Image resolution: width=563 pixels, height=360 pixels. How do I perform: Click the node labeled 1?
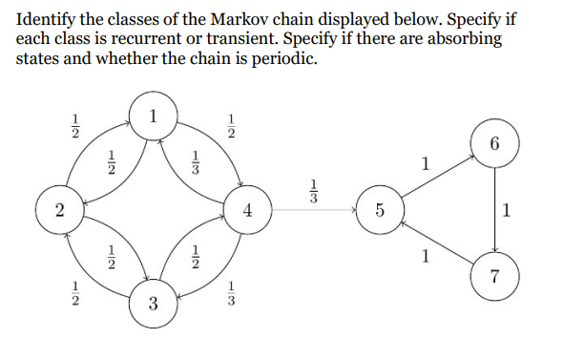[154, 117]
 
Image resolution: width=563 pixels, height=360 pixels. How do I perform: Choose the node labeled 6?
[493, 145]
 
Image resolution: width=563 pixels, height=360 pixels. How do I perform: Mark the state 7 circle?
[493, 277]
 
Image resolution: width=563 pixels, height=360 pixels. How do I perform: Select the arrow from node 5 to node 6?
[436, 179]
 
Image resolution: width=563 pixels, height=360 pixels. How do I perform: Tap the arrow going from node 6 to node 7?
[493, 211]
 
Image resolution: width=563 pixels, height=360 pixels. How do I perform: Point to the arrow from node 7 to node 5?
[436, 244]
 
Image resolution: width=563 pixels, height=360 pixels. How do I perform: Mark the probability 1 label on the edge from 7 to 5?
[426, 256]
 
